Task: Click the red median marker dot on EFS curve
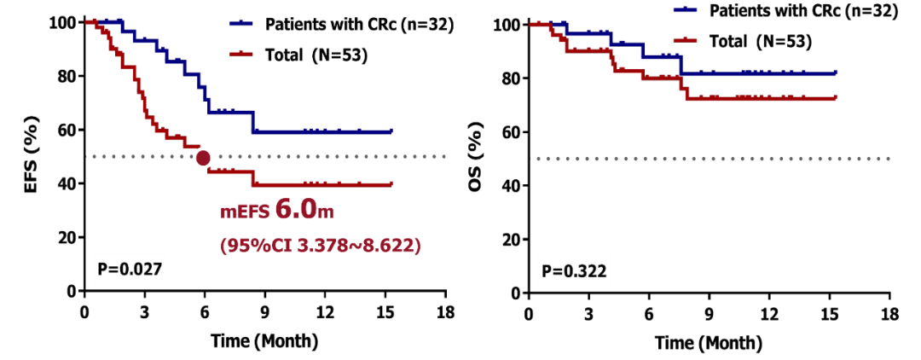[x=203, y=158]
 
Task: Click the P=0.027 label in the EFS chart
[x=128, y=269]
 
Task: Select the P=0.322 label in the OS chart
[x=574, y=271]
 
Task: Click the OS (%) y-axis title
[x=479, y=158]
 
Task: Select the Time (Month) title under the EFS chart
[x=264, y=341]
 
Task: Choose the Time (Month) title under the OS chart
[x=710, y=343]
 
